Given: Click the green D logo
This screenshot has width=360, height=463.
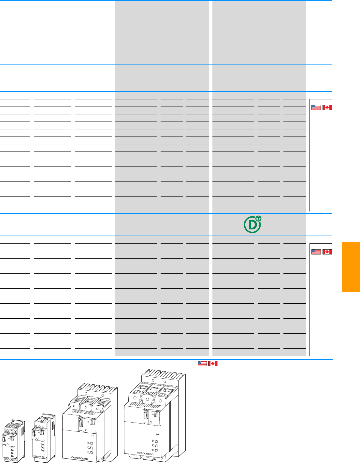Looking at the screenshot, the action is click(252, 225).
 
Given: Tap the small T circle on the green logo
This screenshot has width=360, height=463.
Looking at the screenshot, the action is click(258, 219).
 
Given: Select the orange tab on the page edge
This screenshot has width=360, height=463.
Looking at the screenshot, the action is click(351, 267).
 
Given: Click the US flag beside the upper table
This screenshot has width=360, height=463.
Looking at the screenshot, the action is click(316, 107).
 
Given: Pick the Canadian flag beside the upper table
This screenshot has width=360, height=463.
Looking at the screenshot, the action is click(327, 107).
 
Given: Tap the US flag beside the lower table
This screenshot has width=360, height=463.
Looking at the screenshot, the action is click(316, 252).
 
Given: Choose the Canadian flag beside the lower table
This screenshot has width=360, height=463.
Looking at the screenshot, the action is click(327, 252).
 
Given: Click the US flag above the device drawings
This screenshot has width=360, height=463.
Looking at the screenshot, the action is click(202, 364).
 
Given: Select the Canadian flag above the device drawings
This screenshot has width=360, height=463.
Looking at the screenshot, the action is click(213, 364).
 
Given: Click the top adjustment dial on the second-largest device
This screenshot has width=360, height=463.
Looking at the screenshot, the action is click(91, 443).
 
